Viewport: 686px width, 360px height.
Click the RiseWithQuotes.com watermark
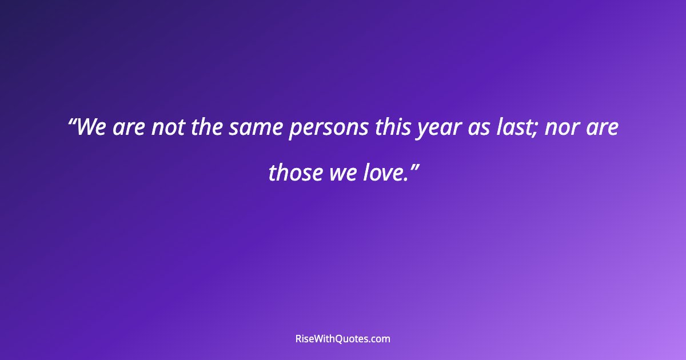pyautogui.click(x=343, y=339)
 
